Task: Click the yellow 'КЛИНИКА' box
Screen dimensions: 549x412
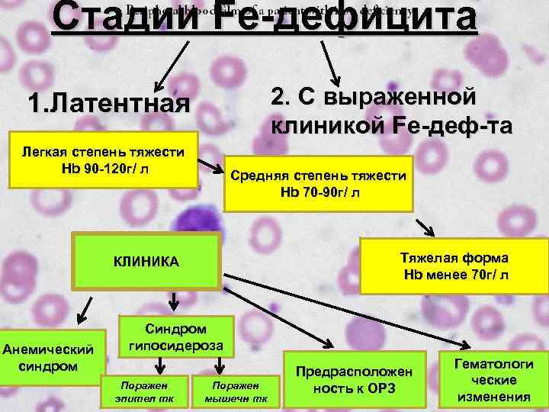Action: [x=146, y=261]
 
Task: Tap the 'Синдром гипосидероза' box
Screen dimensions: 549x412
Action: [x=175, y=336]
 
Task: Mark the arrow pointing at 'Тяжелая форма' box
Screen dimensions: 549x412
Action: [x=425, y=227]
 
